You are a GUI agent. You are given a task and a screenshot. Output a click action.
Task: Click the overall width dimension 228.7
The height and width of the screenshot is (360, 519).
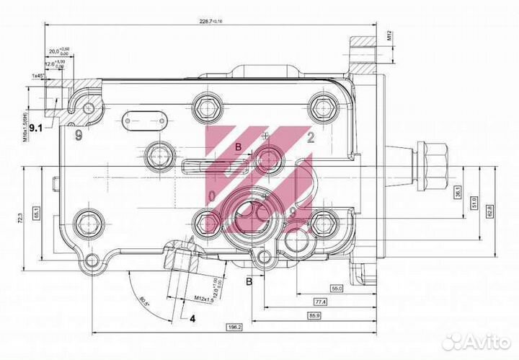(x=210, y=21)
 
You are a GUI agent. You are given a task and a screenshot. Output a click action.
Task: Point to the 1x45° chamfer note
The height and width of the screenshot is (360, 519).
(x=38, y=75)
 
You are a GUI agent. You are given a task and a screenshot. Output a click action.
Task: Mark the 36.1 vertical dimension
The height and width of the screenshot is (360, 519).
(x=457, y=193)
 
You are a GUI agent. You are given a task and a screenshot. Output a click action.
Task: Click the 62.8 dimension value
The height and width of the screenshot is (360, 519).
(x=489, y=210)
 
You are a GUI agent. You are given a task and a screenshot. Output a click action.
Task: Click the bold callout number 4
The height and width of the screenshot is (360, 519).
(x=192, y=317)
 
